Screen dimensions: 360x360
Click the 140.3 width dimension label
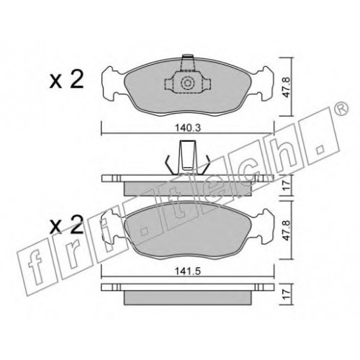(187, 128)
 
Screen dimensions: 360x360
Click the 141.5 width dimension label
(187, 271)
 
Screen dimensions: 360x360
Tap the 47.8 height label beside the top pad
(286, 87)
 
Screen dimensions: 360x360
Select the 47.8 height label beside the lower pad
(286, 230)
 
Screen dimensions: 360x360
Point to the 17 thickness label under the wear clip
(286, 185)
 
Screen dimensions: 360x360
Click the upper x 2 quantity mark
(66, 80)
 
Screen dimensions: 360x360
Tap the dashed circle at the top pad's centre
(187, 83)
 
